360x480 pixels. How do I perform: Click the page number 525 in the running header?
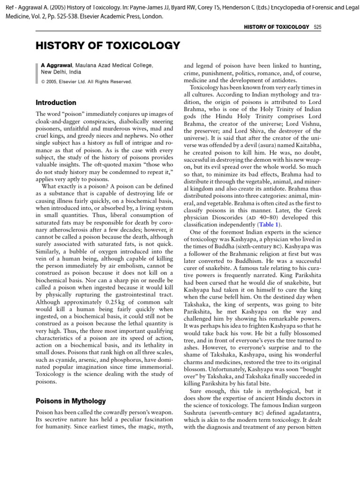(x=317, y=28)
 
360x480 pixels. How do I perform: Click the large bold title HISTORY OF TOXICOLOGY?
(x=108, y=45)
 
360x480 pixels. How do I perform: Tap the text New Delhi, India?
(x=61, y=72)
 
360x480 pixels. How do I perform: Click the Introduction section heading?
(x=56, y=103)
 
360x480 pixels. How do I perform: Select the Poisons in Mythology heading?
(x=71, y=401)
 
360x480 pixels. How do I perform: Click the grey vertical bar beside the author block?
(x=37, y=73)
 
